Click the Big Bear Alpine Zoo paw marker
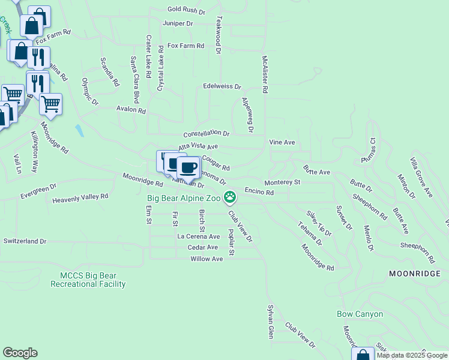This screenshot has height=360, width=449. click(x=230, y=196)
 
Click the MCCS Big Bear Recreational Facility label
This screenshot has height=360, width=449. click(x=93, y=280)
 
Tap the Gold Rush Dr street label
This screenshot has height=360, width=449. click(x=186, y=10)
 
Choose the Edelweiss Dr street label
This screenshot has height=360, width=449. click(x=221, y=86)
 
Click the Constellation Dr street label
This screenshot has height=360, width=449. click(x=206, y=133)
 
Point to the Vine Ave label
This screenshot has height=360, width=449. click(x=282, y=142)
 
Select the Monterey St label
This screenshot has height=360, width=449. click(x=282, y=182)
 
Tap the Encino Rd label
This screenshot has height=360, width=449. click(x=259, y=193)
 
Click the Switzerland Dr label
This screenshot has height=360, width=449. click(x=25, y=241)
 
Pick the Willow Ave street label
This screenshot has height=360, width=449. click(x=206, y=259)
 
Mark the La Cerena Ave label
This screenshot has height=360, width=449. click(x=198, y=236)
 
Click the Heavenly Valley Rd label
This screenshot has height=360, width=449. click(x=80, y=197)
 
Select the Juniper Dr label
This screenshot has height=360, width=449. click(x=178, y=23)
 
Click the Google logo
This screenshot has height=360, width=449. click(x=20, y=353)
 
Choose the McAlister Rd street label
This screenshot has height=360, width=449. click(x=264, y=74)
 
